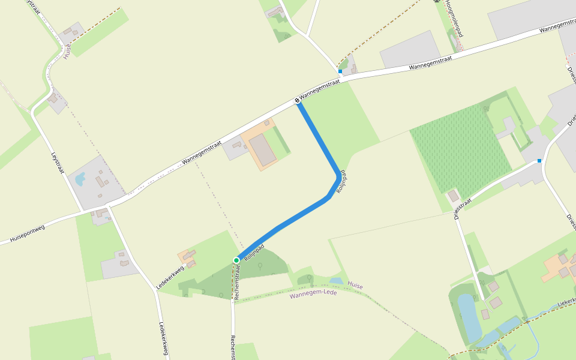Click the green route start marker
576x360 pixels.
(x=236, y=260)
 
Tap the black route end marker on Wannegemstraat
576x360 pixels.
(x=297, y=100)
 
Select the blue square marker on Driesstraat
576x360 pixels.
(x=539, y=161)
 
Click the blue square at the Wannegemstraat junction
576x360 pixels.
(x=340, y=71)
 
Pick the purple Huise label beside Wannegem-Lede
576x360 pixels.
(x=355, y=287)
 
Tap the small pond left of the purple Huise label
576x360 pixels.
(x=336, y=280)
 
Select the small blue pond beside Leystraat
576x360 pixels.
(x=80, y=178)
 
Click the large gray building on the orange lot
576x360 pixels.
(x=263, y=149)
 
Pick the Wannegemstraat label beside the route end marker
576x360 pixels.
(x=320, y=89)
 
